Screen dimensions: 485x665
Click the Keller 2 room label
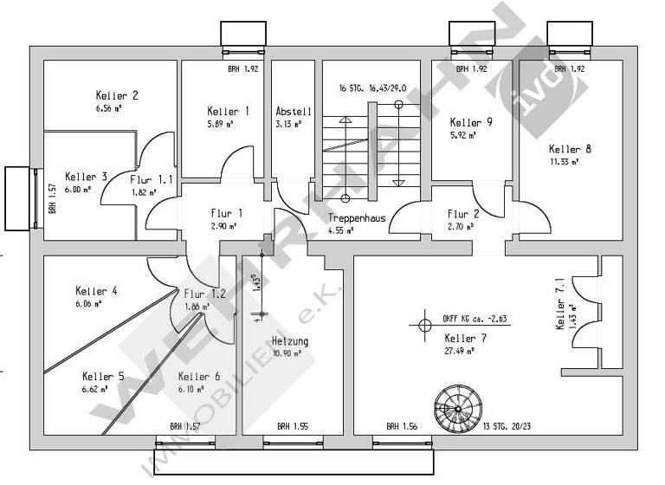click(117, 95)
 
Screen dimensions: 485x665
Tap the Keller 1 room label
click(229, 111)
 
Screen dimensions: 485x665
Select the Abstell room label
click(294, 112)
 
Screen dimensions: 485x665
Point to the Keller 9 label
click(472, 122)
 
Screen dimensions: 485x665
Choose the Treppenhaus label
click(356, 218)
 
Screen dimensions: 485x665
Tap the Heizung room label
click(289, 340)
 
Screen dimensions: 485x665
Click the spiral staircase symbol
click(455, 406)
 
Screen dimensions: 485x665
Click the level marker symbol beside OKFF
click(424, 327)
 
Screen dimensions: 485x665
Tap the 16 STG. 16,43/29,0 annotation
click(373, 88)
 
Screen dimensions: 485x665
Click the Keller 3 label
click(86, 176)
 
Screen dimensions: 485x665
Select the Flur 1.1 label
click(152, 179)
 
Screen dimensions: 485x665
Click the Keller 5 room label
click(103, 377)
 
